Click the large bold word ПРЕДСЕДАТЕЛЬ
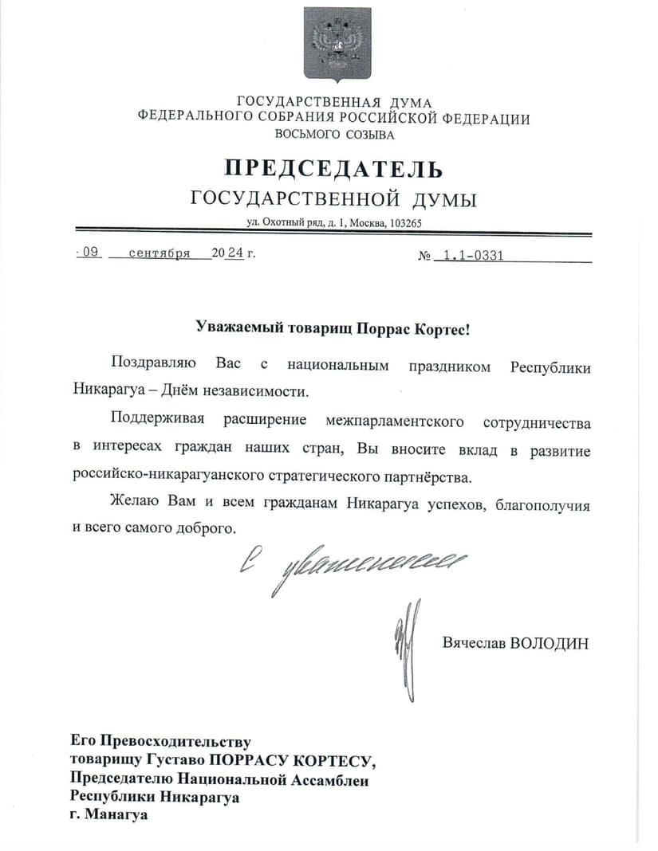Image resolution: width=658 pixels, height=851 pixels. coord(333,169)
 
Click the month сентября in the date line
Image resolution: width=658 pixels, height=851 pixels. coord(158,253)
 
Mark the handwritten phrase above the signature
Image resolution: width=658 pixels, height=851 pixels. coord(351,566)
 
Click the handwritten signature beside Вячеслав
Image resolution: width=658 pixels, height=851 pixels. coord(406,645)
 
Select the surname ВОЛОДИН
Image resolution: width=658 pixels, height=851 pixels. coord(549,643)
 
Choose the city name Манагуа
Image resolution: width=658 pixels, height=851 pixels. coord(116,815)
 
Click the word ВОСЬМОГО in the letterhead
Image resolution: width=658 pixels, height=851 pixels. coord(293,135)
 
